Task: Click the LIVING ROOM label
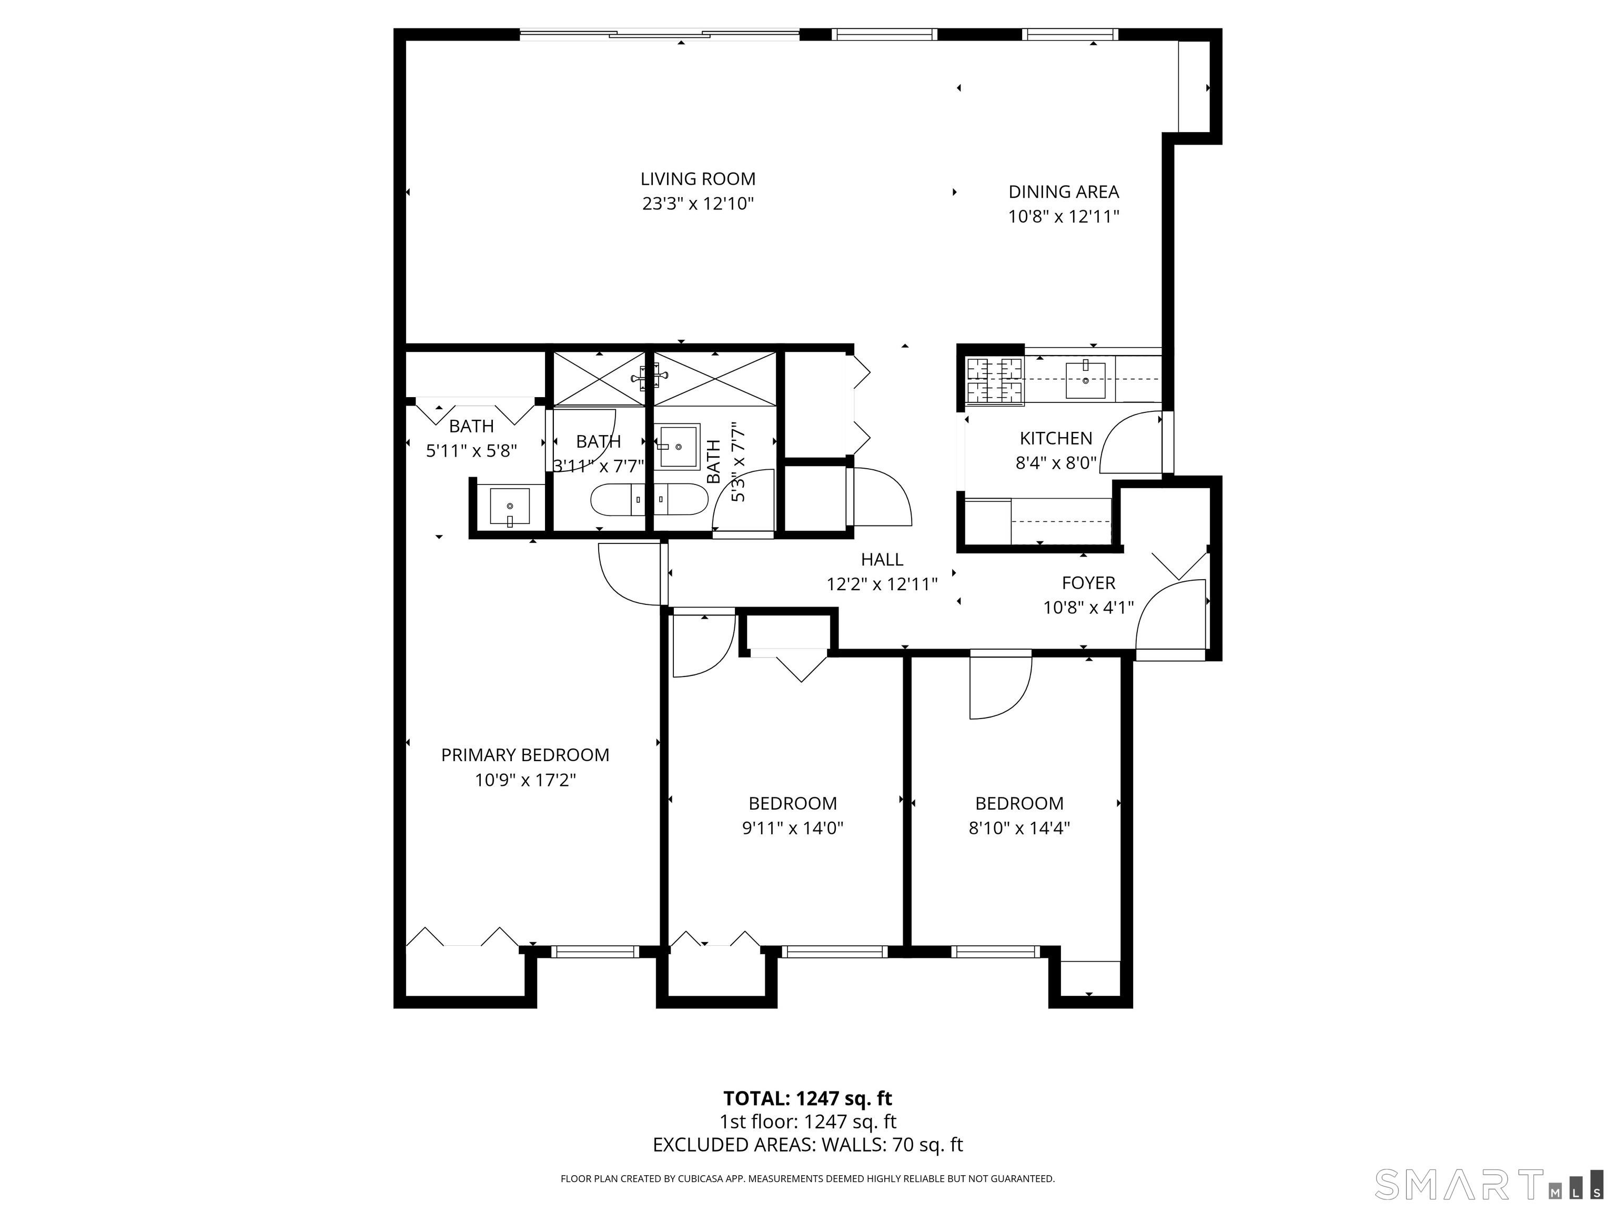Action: (698, 179)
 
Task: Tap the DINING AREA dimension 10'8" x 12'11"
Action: (1063, 217)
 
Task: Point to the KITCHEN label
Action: (1056, 438)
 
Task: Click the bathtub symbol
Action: (649, 499)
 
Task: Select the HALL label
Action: (882, 560)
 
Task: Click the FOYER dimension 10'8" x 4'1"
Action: (1088, 608)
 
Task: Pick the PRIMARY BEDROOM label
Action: (524, 755)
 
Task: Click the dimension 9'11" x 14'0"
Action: (793, 829)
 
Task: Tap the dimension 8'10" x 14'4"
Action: (1019, 829)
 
